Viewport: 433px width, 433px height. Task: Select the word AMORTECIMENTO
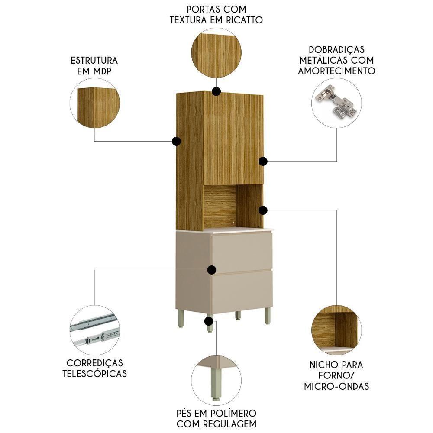(336, 71)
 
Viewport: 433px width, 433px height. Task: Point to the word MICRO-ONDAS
(336, 386)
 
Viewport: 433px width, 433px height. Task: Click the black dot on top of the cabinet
(216, 91)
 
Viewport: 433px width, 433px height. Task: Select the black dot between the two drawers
(211, 270)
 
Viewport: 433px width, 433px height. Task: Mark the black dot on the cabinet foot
(209, 321)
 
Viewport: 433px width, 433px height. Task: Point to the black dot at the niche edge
(263, 210)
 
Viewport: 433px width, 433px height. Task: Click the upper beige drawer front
(242, 252)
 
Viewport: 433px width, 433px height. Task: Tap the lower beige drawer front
(242, 291)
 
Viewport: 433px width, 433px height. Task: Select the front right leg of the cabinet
(267, 316)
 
